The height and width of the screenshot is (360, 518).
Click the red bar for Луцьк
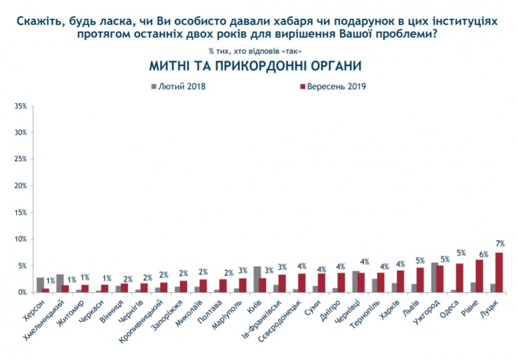(499, 273)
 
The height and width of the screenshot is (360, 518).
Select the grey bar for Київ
(257, 280)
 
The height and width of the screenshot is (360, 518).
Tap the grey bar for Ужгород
(434, 278)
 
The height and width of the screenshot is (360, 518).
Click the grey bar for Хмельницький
(60, 284)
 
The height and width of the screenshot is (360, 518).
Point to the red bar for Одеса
(460, 278)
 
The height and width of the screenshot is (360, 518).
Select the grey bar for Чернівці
(355, 282)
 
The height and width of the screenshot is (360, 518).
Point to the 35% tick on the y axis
(19, 106)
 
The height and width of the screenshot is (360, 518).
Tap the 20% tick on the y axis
(19, 186)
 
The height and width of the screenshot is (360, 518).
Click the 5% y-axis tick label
(21, 266)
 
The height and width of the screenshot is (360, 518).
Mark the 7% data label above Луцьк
(500, 243)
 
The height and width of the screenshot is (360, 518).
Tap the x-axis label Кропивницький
(142, 319)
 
